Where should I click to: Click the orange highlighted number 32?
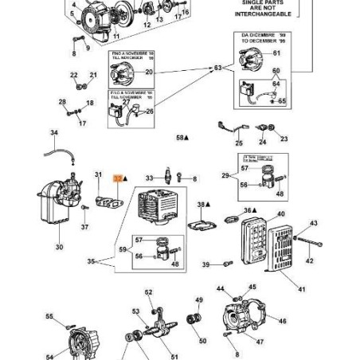117,181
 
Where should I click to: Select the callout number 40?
280,213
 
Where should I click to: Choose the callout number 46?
282,321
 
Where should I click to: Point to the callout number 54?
49,357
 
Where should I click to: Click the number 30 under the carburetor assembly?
59,247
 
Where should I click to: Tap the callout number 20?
148,72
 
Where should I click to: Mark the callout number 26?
149,111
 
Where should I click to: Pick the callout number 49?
198,300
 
